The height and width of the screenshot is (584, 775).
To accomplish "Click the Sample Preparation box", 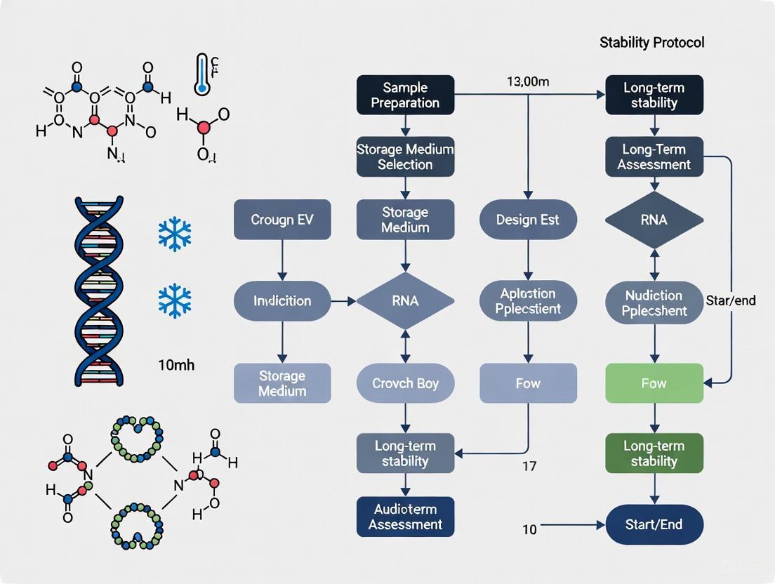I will pyautogui.click(x=405, y=95).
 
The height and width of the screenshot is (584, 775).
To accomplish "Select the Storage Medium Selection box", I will pyautogui.click(x=405, y=157).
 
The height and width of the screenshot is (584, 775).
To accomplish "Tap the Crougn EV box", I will pyautogui.click(x=281, y=219).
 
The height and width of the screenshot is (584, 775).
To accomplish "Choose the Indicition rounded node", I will pyautogui.click(x=281, y=301).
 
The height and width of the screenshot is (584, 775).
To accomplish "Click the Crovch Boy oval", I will pyautogui.click(x=405, y=383).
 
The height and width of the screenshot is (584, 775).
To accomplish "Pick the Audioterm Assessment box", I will pyautogui.click(x=405, y=517).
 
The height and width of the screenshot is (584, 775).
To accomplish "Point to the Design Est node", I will pyautogui.click(x=528, y=219).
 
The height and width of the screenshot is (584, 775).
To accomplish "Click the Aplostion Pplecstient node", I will pyautogui.click(x=528, y=301).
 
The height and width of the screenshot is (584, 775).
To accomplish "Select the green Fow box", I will pyautogui.click(x=654, y=383).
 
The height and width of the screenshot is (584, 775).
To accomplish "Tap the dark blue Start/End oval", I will pyautogui.click(x=654, y=524).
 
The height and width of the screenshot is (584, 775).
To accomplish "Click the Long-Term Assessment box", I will pyautogui.click(x=654, y=157).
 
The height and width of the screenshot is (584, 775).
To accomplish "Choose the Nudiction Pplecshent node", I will pyautogui.click(x=654, y=303).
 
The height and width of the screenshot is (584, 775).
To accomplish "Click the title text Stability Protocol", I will pyautogui.click(x=651, y=43).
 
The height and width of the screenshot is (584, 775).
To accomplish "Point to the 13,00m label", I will pyautogui.click(x=527, y=81).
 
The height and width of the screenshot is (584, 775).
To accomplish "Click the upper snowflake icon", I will pyautogui.click(x=175, y=233).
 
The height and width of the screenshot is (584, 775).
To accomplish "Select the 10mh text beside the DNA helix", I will pyautogui.click(x=176, y=365).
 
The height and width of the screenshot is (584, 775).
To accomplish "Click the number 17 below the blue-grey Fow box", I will pyautogui.click(x=529, y=465).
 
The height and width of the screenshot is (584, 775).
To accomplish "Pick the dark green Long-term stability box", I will pyautogui.click(x=654, y=453).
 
